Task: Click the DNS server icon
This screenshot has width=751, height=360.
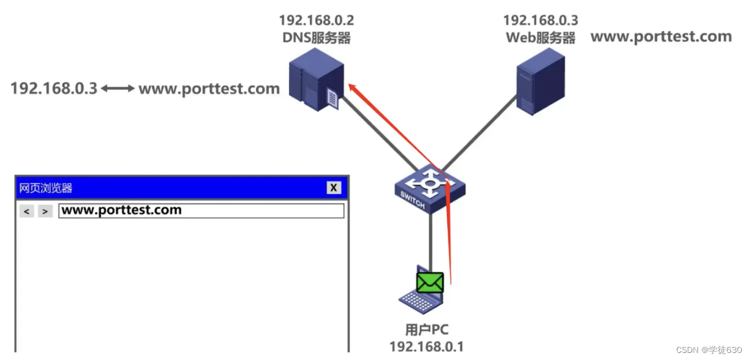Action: click(x=316, y=79)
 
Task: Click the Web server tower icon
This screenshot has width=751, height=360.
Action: click(x=540, y=81)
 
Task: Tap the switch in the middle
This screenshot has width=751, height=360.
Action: click(x=430, y=188)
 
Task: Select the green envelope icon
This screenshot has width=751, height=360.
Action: click(x=430, y=283)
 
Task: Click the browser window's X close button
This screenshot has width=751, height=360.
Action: click(x=334, y=188)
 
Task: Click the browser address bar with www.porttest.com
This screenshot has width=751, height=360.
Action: click(x=201, y=211)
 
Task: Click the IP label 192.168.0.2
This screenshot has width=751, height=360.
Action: click(x=316, y=21)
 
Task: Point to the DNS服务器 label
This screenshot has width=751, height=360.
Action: click(x=316, y=38)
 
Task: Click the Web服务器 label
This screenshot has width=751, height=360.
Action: click(x=540, y=38)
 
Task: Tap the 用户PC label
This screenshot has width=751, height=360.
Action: click(x=427, y=330)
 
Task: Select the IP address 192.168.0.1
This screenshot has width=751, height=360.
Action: click(x=427, y=346)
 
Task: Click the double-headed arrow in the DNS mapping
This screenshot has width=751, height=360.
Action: click(x=117, y=89)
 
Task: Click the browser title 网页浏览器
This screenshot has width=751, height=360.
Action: click(x=46, y=188)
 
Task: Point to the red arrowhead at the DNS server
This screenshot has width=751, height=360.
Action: click(x=352, y=87)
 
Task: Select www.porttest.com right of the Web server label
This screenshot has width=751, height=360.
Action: click(x=660, y=36)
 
